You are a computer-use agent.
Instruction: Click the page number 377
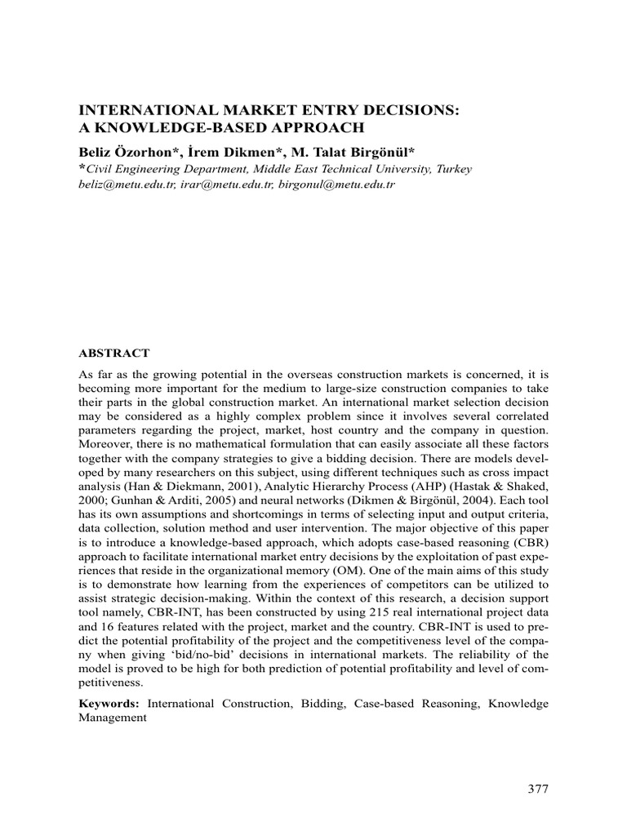tap(537, 789)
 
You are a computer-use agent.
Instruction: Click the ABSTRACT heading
tap(113, 353)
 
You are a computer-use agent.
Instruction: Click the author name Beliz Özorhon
tap(127, 151)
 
